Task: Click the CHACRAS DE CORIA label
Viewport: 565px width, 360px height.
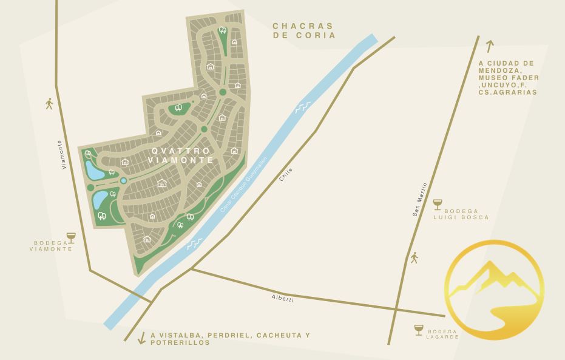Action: [303, 30]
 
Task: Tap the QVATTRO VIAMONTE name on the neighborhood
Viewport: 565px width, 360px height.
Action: [181, 155]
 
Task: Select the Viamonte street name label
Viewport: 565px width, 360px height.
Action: [62, 155]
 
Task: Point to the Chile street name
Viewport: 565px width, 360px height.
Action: [286, 175]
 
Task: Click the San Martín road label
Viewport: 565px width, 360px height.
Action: [420, 199]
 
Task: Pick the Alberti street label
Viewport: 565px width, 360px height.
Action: [282, 298]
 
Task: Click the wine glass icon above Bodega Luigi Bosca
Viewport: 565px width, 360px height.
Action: [438, 204]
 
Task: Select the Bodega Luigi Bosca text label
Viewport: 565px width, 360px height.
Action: [461, 214]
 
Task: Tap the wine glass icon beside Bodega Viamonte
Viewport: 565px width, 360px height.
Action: [71, 237]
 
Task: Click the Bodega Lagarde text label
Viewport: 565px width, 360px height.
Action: [442, 335]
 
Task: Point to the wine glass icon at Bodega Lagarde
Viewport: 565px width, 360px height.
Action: [419, 330]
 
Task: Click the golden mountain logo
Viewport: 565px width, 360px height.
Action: [494, 290]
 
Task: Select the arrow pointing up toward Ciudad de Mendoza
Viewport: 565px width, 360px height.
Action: [489, 46]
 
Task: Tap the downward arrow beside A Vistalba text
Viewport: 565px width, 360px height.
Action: [141, 338]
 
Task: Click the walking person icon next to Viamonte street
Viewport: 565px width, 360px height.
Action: [49, 103]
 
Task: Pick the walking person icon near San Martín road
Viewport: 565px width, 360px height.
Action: [414, 257]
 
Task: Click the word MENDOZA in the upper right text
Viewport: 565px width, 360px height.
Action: [499, 70]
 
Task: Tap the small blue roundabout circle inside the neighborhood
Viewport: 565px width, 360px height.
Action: [123, 180]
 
